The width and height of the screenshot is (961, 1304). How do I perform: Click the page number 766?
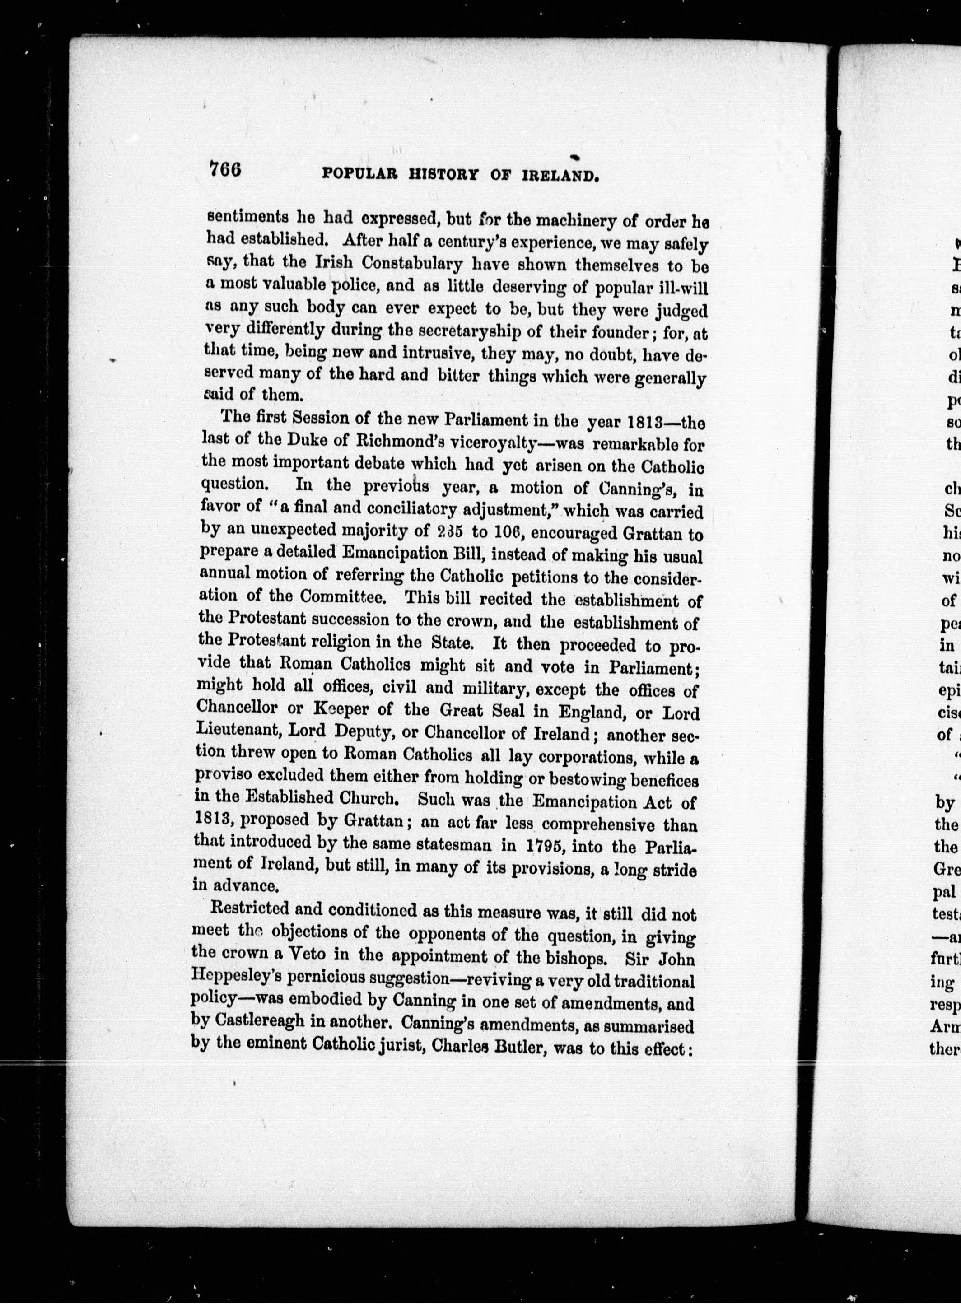pyautogui.click(x=226, y=170)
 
